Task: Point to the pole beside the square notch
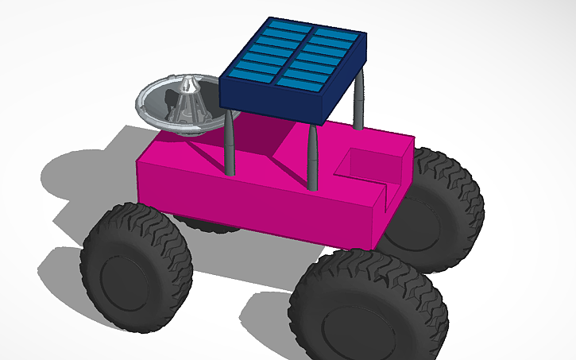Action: (x=313, y=159)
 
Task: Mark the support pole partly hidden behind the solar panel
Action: (x=359, y=99)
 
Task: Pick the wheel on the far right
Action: (x=445, y=203)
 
